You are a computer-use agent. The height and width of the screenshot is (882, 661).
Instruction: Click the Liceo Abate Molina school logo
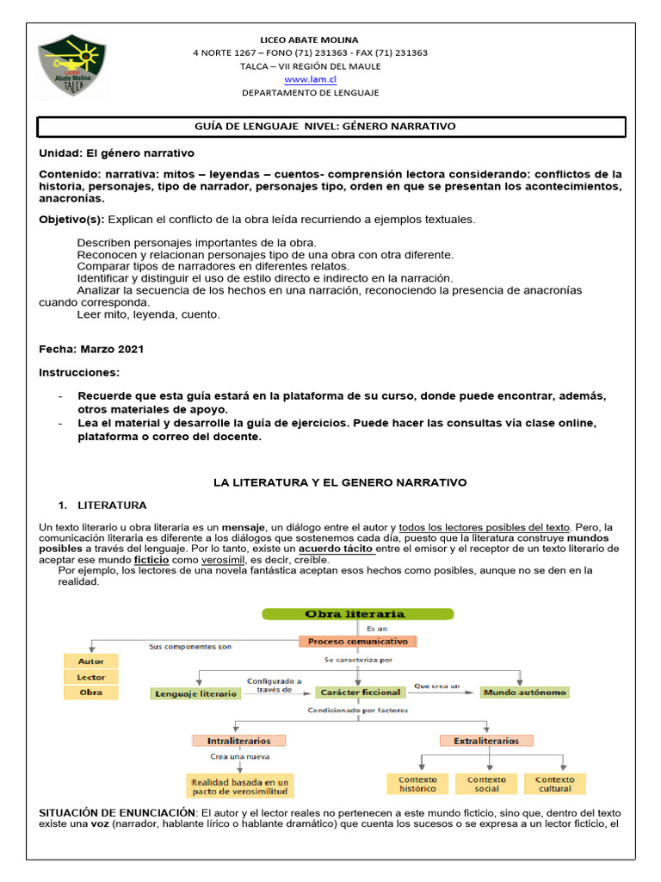point(72,66)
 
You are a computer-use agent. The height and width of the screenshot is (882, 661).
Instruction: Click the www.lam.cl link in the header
point(310,78)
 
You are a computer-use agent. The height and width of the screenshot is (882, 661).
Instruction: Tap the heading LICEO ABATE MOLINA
point(309,40)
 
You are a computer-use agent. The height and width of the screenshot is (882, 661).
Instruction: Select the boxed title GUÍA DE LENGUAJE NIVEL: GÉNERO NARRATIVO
point(331,127)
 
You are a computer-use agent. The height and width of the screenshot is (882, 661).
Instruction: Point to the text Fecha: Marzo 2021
point(91,350)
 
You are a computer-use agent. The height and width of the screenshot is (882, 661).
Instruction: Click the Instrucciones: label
point(80,372)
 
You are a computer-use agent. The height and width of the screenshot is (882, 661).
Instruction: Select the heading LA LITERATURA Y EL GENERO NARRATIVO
point(340,482)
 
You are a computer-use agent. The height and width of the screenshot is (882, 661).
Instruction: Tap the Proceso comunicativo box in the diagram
point(358,642)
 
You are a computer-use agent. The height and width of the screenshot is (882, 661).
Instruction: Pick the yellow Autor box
point(90,661)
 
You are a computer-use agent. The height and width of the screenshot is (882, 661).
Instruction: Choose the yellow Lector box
point(90,676)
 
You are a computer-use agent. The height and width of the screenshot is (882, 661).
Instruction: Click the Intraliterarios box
point(238,740)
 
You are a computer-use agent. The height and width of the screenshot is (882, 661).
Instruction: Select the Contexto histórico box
point(417,784)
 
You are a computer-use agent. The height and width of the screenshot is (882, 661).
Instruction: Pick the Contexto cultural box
point(554,784)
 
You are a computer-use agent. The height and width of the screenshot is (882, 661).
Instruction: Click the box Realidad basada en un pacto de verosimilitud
point(240,786)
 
